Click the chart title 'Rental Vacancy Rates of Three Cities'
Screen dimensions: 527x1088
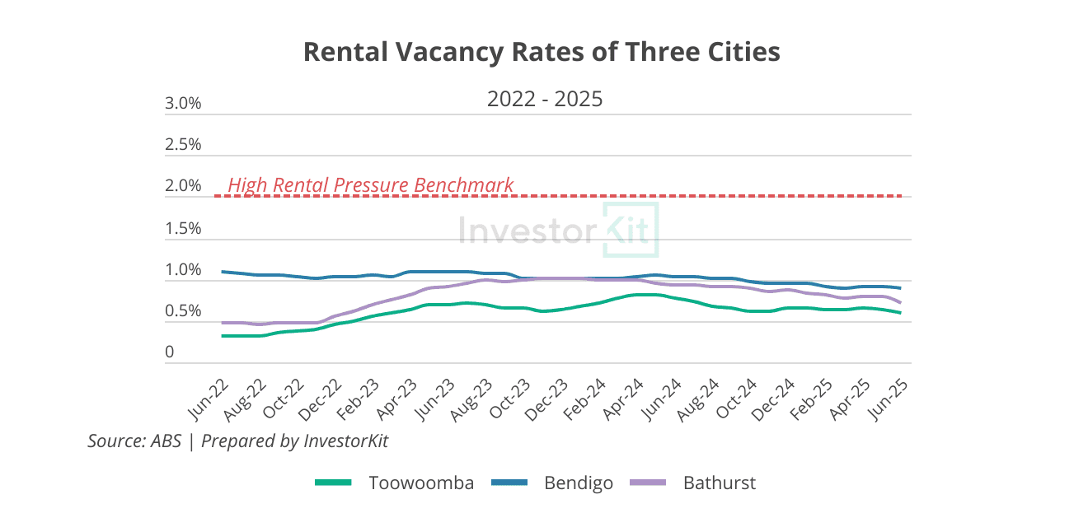click(x=542, y=52)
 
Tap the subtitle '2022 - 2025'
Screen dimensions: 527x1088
click(x=545, y=100)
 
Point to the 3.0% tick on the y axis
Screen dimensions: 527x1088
click(x=183, y=104)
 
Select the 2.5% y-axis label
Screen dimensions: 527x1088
click(x=183, y=145)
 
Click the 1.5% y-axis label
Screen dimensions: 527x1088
click(x=183, y=229)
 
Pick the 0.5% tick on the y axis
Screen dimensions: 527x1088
click(x=183, y=312)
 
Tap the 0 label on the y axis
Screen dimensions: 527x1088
click(x=170, y=352)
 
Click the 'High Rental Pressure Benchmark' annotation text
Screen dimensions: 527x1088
click(x=370, y=185)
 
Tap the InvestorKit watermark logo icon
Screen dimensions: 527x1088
click(x=631, y=229)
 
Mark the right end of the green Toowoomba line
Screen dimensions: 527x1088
click(x=900, y=313)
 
